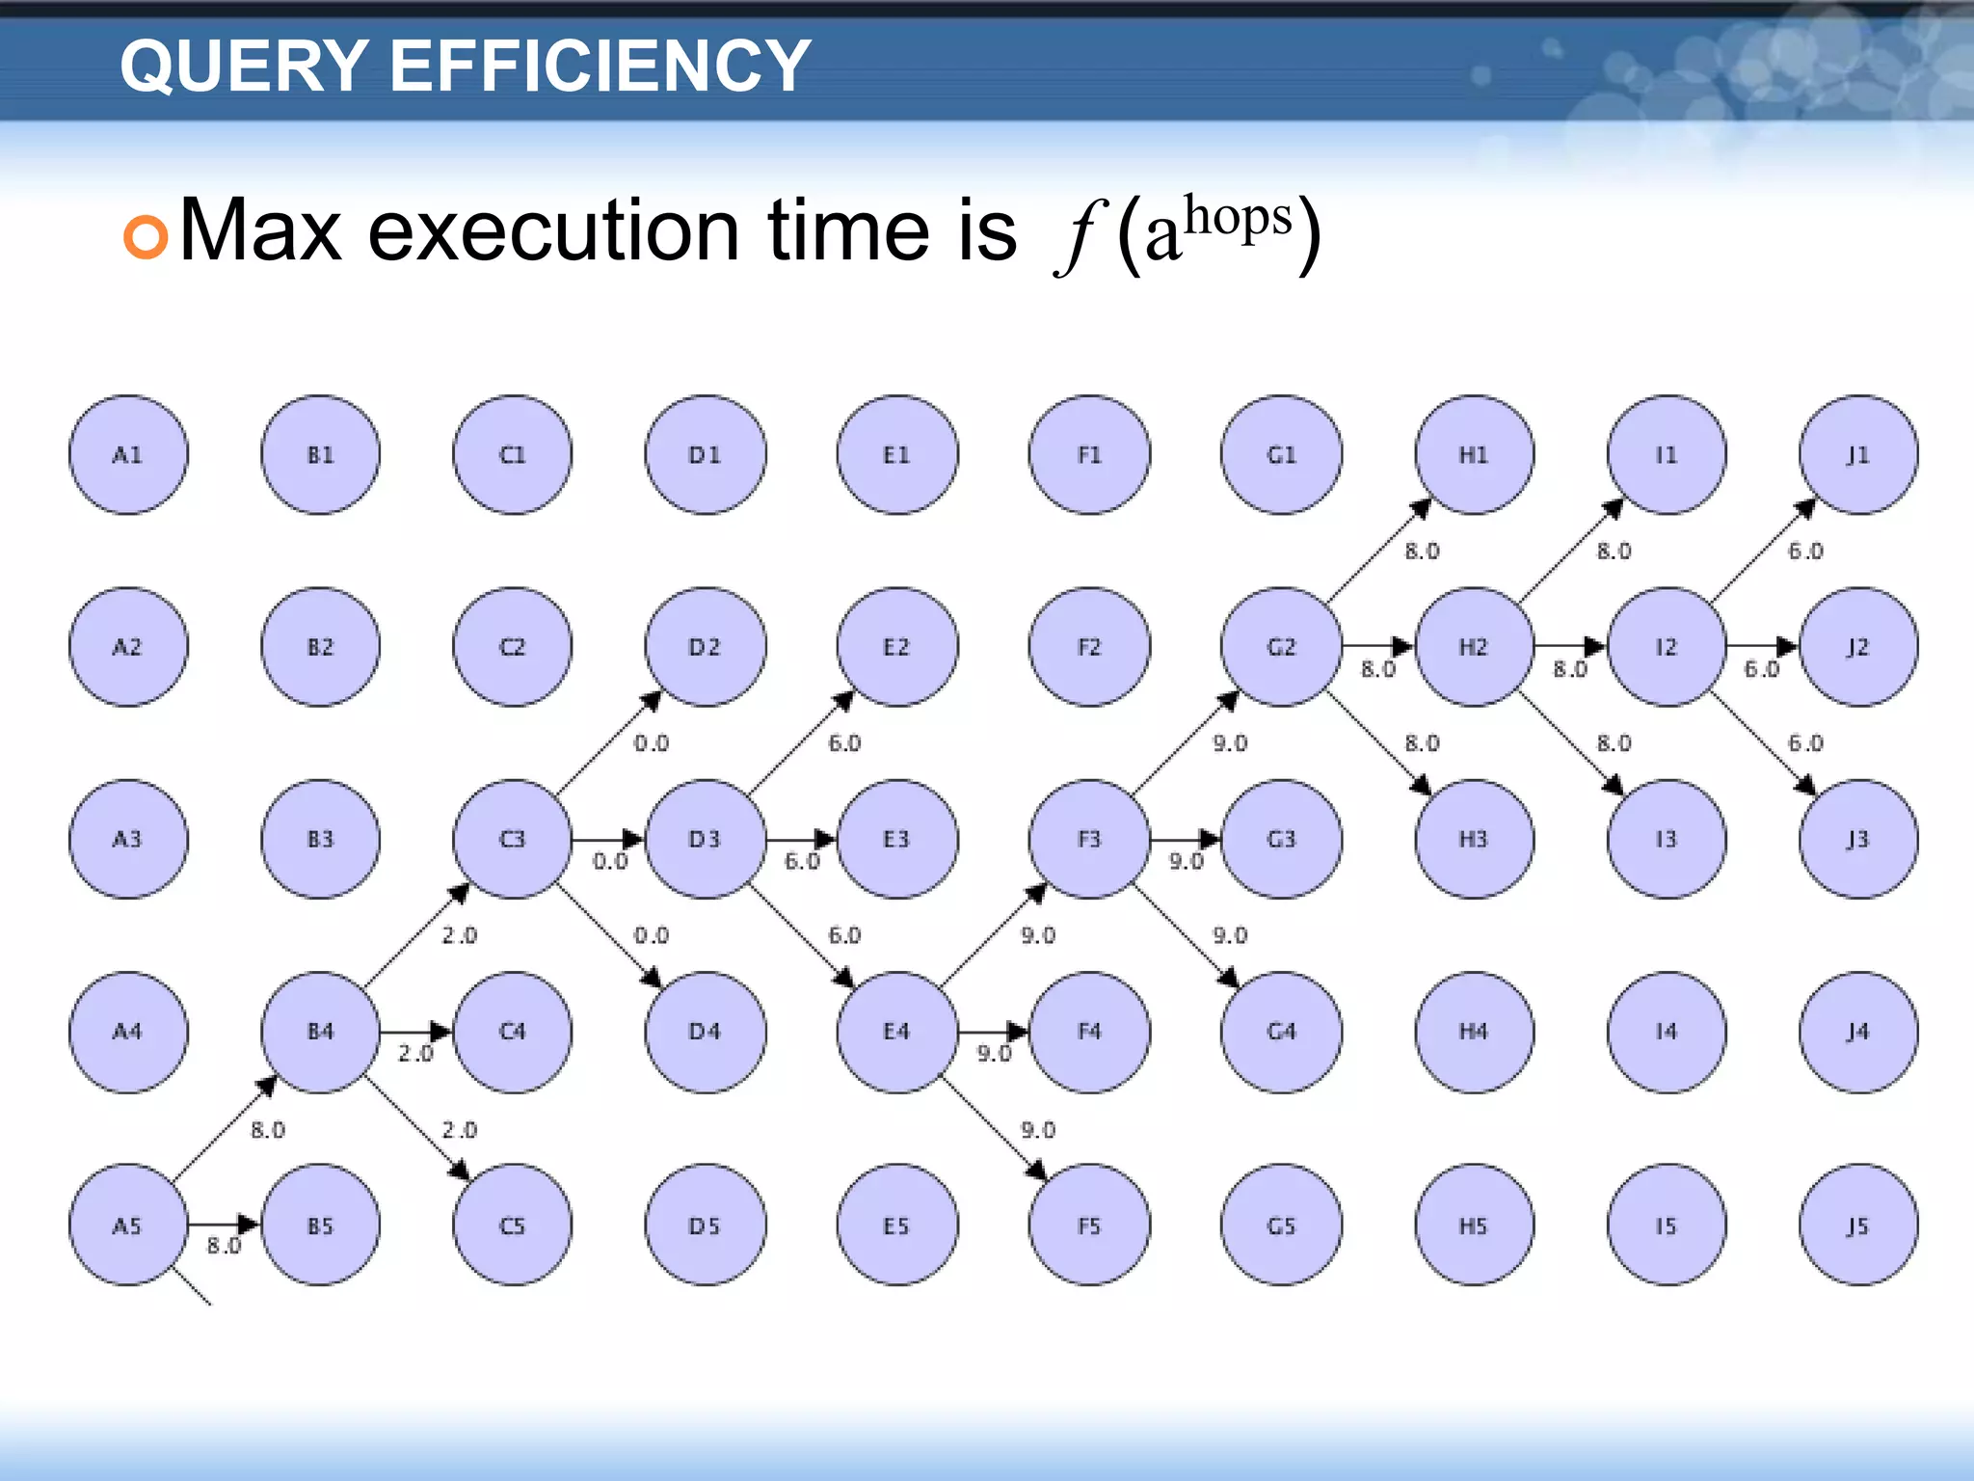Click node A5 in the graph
128,1225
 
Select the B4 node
320,1032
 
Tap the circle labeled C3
512,839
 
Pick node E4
896,1032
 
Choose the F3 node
1088,839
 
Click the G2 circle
1281,646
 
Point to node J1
1857,454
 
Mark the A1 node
128,454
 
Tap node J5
1857,1225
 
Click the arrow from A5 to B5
224,1225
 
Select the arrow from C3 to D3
607,839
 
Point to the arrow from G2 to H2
1377,646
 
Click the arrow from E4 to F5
993,1128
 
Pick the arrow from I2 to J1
1762,551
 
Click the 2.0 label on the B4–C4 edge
415,1054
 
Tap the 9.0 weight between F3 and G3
1186,861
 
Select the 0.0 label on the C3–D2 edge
651,743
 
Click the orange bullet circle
146,236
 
